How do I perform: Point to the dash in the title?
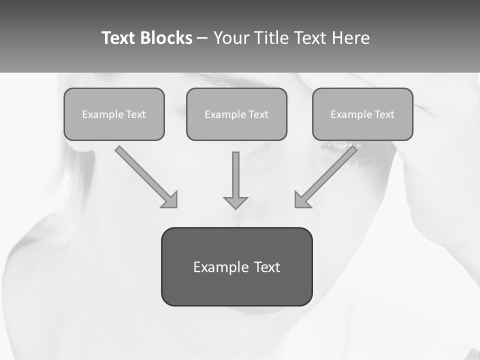click(x=202, y=38)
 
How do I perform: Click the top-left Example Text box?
click(x=114, y=114)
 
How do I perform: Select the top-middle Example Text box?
click(x=236, y=114)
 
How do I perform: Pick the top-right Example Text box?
click(x=362, y=114)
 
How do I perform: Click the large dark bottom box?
click(x=236, y=266)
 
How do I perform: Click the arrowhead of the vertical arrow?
click(x=235, y=202)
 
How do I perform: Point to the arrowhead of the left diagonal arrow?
click(x=170, y=200)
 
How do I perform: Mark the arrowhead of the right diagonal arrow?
click(x=302, y=200)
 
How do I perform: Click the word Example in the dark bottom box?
click(x=220, y=267)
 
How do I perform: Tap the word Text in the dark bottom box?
click(x=267, y=267)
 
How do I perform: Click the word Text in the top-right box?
click(x=384, y=114)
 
